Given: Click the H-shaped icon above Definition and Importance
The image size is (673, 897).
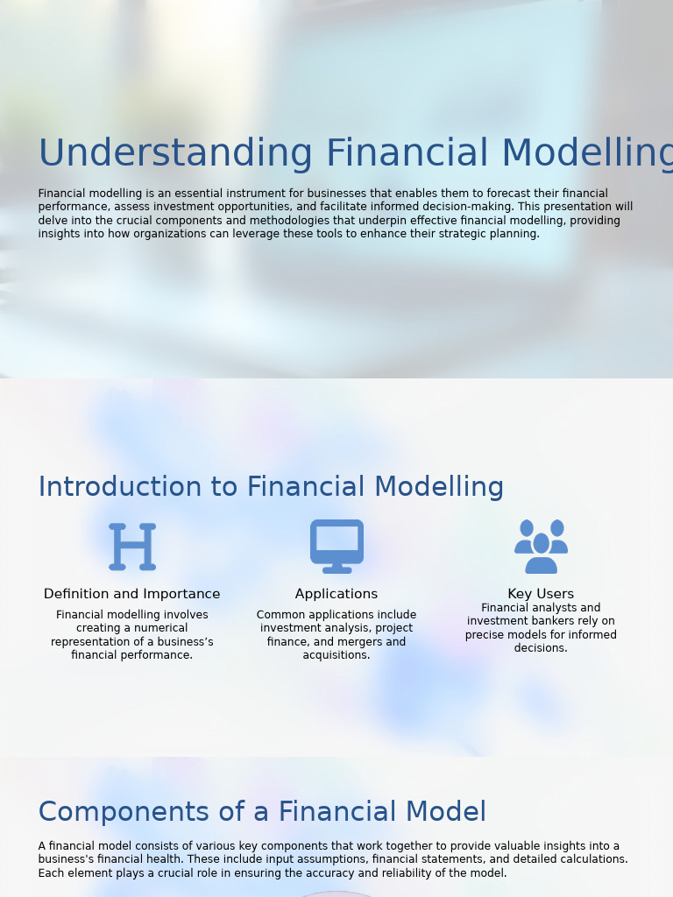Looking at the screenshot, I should [132, 547].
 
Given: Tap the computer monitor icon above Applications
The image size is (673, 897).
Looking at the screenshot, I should [336, 546].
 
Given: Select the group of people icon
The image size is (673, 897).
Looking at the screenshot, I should [541, 546].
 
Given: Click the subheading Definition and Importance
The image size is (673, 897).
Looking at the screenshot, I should [131, 594].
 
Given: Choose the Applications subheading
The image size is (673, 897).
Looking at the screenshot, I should [336, 594].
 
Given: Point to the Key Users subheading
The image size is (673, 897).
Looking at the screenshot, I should [541, 594].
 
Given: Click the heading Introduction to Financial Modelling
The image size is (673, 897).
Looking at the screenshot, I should [271, 487].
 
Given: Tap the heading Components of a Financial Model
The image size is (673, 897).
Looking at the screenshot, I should [262, 812].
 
